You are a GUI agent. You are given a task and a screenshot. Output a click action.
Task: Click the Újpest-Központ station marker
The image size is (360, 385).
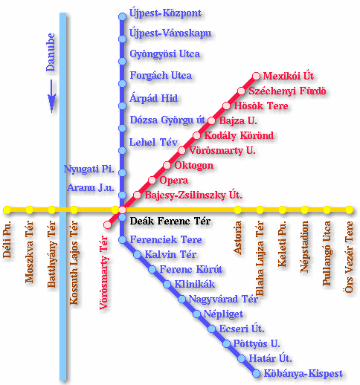pos(122,16)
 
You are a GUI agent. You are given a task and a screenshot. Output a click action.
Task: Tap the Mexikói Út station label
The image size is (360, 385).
pos(288,76)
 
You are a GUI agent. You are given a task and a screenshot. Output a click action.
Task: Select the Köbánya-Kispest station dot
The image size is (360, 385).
pos(256,373)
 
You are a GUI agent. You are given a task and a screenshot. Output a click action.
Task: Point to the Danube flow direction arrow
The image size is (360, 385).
pos(51,96)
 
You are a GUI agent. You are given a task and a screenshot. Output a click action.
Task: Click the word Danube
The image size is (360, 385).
pos(51,52)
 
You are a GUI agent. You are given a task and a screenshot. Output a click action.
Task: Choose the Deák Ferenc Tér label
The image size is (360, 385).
pos(170,221)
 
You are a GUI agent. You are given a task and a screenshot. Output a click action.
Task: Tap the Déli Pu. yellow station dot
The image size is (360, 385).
pos(7,210)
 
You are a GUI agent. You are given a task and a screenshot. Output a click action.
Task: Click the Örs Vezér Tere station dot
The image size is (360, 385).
pos(349,210)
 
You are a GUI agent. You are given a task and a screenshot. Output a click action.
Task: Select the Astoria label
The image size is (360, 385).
pos(237,238)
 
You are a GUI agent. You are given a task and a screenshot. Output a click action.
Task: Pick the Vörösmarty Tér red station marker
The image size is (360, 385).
pos(107,224)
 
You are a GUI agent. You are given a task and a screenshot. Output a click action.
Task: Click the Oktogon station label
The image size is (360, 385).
pos(193,166)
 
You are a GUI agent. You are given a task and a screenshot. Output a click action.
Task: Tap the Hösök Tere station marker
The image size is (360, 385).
pos(226,106)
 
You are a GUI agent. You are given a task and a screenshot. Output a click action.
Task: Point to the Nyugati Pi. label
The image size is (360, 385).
pos(89,169)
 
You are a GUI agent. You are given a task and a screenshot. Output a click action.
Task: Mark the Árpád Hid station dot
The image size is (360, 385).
pos(122,106)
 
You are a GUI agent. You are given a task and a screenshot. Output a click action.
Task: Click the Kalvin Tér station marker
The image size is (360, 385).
pos(137,254)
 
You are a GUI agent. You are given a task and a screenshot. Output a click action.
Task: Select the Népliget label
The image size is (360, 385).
pos(223,314)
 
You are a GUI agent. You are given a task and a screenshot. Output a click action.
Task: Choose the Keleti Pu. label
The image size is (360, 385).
pos(282,244)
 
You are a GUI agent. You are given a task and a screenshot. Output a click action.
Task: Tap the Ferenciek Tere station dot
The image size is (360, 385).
pos(122,239)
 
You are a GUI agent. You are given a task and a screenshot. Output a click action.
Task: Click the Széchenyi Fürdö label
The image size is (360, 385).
pos(287,91)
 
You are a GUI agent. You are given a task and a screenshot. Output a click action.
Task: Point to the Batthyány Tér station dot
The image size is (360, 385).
pos(51,210)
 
